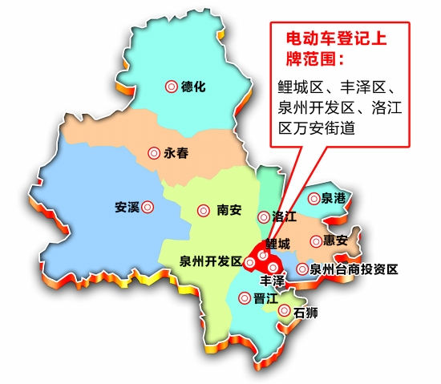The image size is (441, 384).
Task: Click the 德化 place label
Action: tap(194, 87)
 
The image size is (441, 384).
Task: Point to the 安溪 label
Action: tap(127, 207)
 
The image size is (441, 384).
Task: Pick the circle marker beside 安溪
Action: tap(148, 207)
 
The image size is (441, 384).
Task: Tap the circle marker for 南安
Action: tap(205, 210)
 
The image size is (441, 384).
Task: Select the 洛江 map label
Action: tap(285, 216)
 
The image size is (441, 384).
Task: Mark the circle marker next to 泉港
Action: tap(314, 197)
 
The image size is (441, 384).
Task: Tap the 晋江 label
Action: tap(265, 297)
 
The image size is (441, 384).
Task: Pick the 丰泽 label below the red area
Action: tap(273, 282)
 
